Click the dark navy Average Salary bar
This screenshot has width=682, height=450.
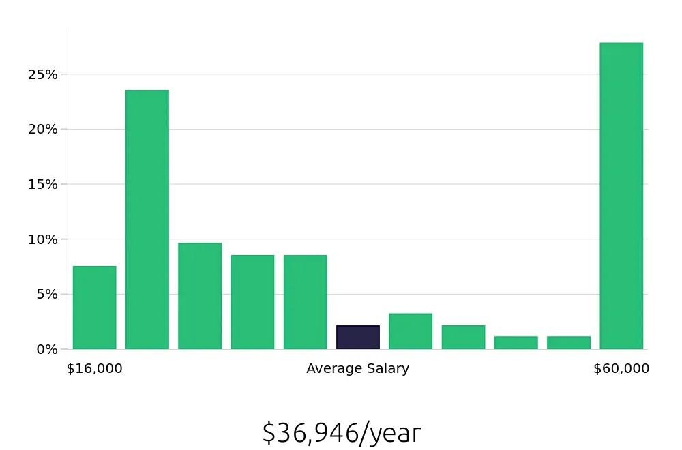(358, 337)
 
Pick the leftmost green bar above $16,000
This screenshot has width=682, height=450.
(94, 307)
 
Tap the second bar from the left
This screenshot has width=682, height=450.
(147, 220)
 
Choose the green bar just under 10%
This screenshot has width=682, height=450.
(200, 296)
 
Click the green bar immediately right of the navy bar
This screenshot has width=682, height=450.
(411, 331)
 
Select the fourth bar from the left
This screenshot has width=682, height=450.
(252, 302)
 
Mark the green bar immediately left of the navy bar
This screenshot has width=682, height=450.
(305, 302)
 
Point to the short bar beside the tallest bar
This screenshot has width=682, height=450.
(569, 342)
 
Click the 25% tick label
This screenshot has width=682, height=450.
(42, 74)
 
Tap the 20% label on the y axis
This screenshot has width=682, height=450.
(42, 130)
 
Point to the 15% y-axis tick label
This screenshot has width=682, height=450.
(42, 184)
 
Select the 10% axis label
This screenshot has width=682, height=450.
(42, 239)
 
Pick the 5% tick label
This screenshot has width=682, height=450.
(46, 295)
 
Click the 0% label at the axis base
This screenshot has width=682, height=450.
(46, 349)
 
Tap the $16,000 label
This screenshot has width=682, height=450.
(94, 369)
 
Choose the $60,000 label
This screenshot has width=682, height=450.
(621, 369)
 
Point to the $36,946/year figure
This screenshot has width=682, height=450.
(341, 433)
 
